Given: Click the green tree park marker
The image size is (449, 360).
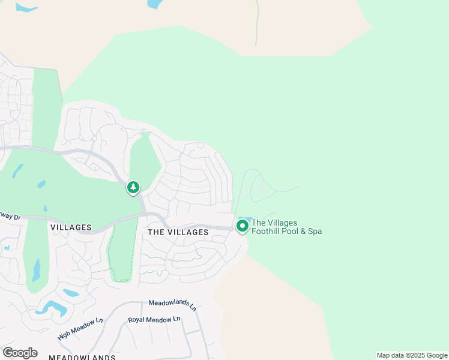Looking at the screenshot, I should pos(133,188).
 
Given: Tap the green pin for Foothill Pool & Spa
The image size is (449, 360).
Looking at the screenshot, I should pos(243,226).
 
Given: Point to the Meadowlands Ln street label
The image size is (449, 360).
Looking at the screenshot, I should pos(172,305).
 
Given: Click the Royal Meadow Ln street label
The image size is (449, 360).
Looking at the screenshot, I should pos(154,320).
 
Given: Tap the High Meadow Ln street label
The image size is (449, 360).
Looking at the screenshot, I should pos(80,329).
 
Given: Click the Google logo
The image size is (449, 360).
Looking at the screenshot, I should pos(20,353).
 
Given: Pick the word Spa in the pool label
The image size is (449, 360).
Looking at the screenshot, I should pos(315,231).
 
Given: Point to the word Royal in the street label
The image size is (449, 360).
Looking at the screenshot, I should pos(136,320).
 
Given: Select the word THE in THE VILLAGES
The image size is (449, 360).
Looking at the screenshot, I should pos(155,232).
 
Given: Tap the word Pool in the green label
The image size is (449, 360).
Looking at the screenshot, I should pos(292,231).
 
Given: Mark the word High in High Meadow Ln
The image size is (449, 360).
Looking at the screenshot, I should pos(65,334).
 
